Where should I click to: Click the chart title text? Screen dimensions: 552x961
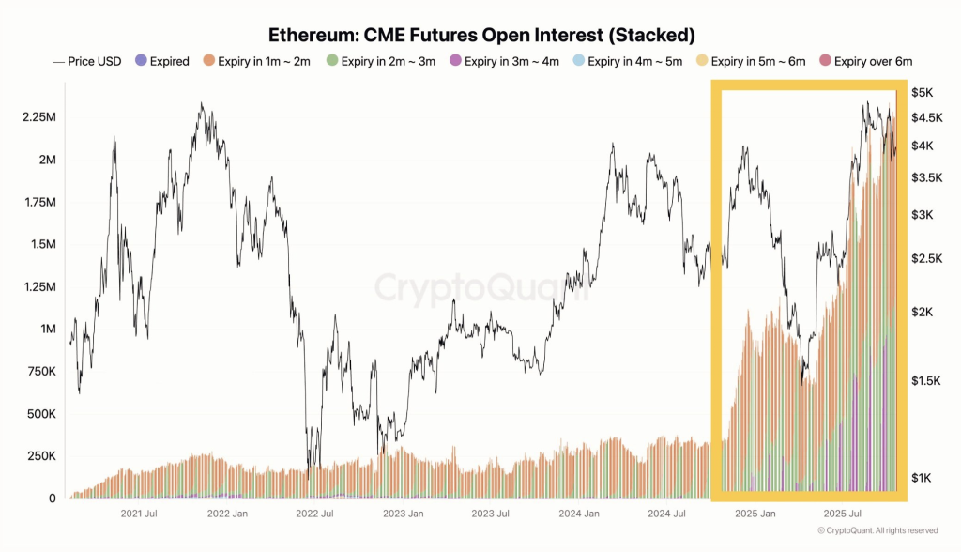[x=480, y=36]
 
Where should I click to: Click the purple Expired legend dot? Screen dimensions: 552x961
[x=140, y=62]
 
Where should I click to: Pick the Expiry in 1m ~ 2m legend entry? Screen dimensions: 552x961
[x=258, y=62]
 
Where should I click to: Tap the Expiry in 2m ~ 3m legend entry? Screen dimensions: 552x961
[x=385, y=62]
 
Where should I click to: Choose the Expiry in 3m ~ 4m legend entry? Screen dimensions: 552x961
[x=506, y=62]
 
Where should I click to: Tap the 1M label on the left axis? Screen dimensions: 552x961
[x=47, y=330]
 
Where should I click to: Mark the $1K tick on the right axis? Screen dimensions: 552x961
[x=923, y=479]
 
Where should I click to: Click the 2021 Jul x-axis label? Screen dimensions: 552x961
[x=139, y=514]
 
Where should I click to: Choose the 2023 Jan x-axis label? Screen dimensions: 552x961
[x=404, y=514]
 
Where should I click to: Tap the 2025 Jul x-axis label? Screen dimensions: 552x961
[x=843, y=514]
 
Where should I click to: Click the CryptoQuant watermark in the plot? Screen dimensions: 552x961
[x=480, y=287]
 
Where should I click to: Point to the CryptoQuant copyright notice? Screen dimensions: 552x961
[x=877, y=531]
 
